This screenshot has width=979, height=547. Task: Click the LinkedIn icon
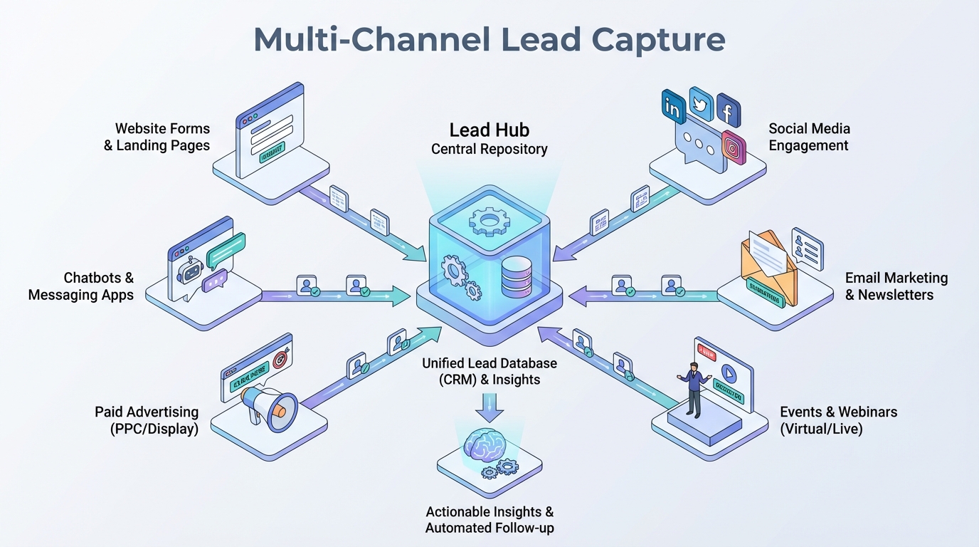(x=672, y=106)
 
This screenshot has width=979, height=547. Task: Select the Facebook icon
(x=729, y=110)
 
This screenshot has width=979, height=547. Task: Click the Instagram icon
(x=734, y=147)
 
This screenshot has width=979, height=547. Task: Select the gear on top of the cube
(x=489, y=220)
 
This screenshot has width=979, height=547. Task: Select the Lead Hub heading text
(x=489, y=130)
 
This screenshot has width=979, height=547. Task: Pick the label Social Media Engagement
(x=809, y=137)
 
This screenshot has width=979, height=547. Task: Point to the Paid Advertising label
(x=147, y=420)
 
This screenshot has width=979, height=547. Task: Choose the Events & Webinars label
(x=838, y=420)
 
